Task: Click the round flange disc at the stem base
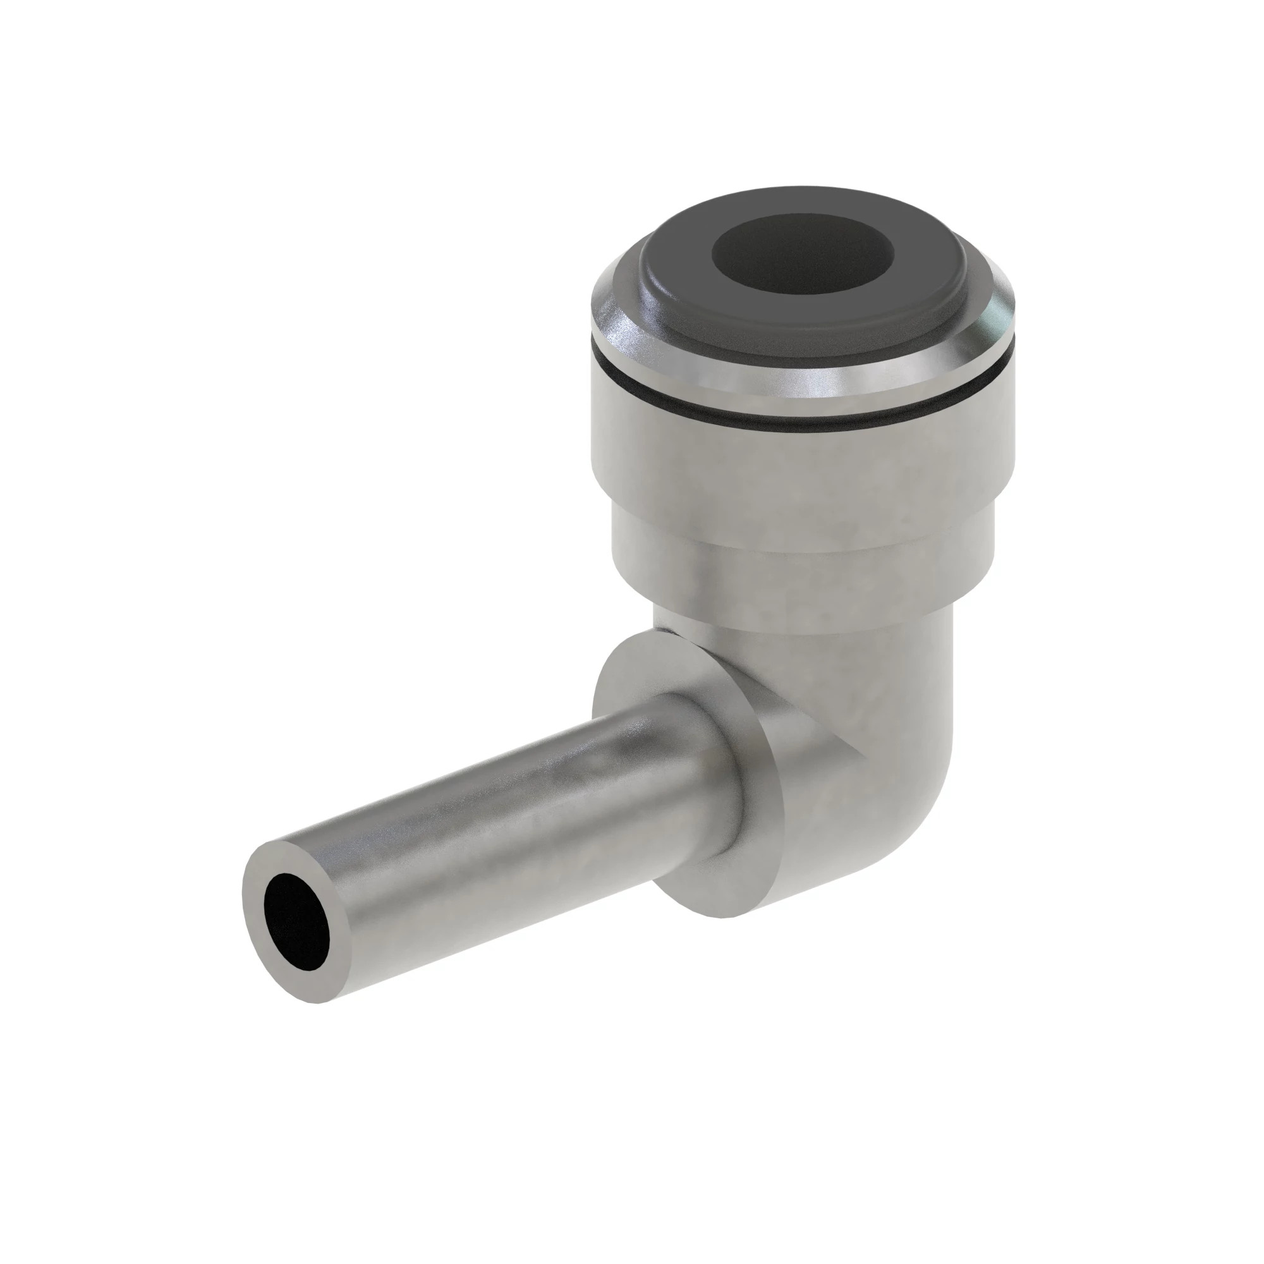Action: (654, 693)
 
